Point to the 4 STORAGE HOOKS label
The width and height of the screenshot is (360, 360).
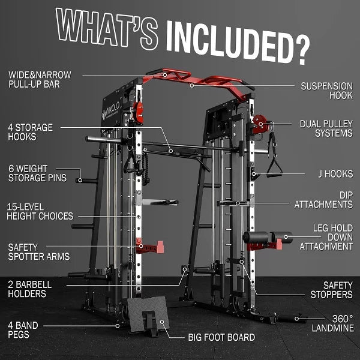[31, 132]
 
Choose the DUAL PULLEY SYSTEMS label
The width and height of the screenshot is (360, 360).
[326, 128]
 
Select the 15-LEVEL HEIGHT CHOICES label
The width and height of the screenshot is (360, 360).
[40, 211]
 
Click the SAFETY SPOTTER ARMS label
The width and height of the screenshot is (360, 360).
[38, 251]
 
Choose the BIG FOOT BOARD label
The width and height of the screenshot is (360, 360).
[221, 337]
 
